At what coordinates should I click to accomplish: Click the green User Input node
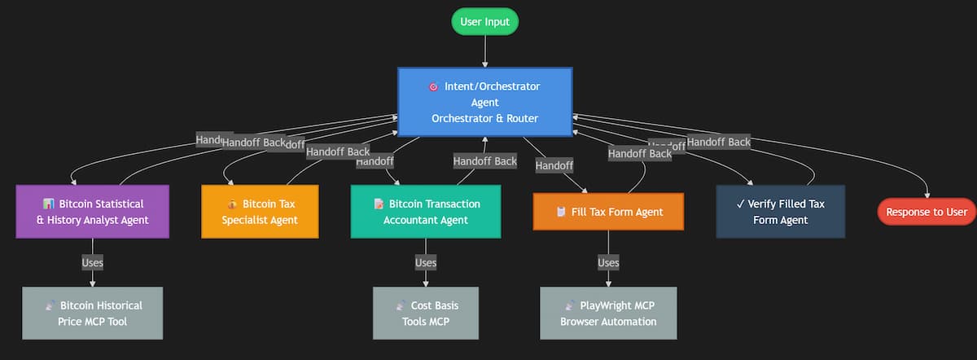point(484,22)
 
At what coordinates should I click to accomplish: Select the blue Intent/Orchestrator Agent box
point(484,102)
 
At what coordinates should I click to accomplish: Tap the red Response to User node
point(926,212)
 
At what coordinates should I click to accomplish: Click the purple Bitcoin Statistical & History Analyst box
point(92,212)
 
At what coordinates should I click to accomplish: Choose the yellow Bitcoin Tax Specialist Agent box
point(260,212)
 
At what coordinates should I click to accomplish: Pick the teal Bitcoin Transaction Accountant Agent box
point(426,212)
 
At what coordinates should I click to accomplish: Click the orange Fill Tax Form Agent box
point(608,212)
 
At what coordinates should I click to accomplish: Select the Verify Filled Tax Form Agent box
point(780,212)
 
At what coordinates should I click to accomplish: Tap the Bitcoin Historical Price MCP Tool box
point(92,313)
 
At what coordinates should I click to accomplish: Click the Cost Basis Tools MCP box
point(426,313)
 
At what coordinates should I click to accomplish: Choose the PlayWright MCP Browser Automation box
point(608,313)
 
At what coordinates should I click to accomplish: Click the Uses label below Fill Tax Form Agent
point(608,262)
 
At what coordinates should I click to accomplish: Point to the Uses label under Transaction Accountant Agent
point(426,262)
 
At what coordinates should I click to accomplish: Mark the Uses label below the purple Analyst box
point(92,262)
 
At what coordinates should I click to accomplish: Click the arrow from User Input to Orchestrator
point(484,50)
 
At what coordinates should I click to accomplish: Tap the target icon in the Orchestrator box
point(433,86)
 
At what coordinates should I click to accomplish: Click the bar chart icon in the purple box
point(48,204)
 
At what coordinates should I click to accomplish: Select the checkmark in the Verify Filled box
point(740,204)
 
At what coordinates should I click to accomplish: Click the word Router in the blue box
point(521,118)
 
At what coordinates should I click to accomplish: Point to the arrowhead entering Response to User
point(926,193)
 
